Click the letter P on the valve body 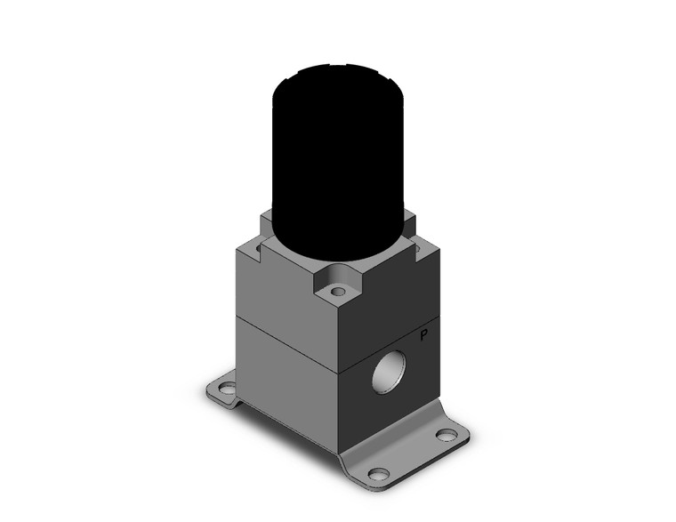424,337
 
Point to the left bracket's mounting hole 226,389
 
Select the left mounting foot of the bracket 224,392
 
